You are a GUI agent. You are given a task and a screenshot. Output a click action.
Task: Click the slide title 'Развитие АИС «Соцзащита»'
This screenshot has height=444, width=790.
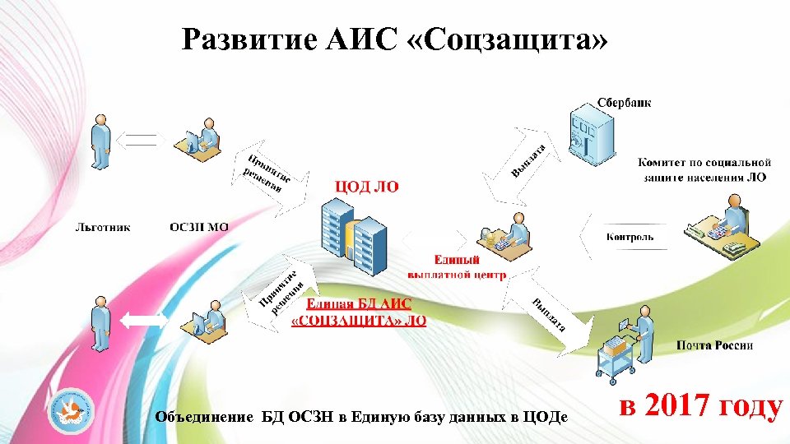tap(396, 39)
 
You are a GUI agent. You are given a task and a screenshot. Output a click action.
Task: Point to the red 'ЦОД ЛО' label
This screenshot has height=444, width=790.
tap(365, 187)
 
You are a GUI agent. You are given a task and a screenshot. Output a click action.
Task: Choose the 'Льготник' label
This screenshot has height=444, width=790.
tap(103, 226)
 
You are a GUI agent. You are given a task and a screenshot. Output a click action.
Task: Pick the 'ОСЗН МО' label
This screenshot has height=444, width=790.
tap(199, 226)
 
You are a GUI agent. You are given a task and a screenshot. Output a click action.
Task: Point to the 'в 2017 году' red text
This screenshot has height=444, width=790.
tap(699, 406)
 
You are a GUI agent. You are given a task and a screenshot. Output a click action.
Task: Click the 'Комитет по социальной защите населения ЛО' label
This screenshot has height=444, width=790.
tap(704, 170)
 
